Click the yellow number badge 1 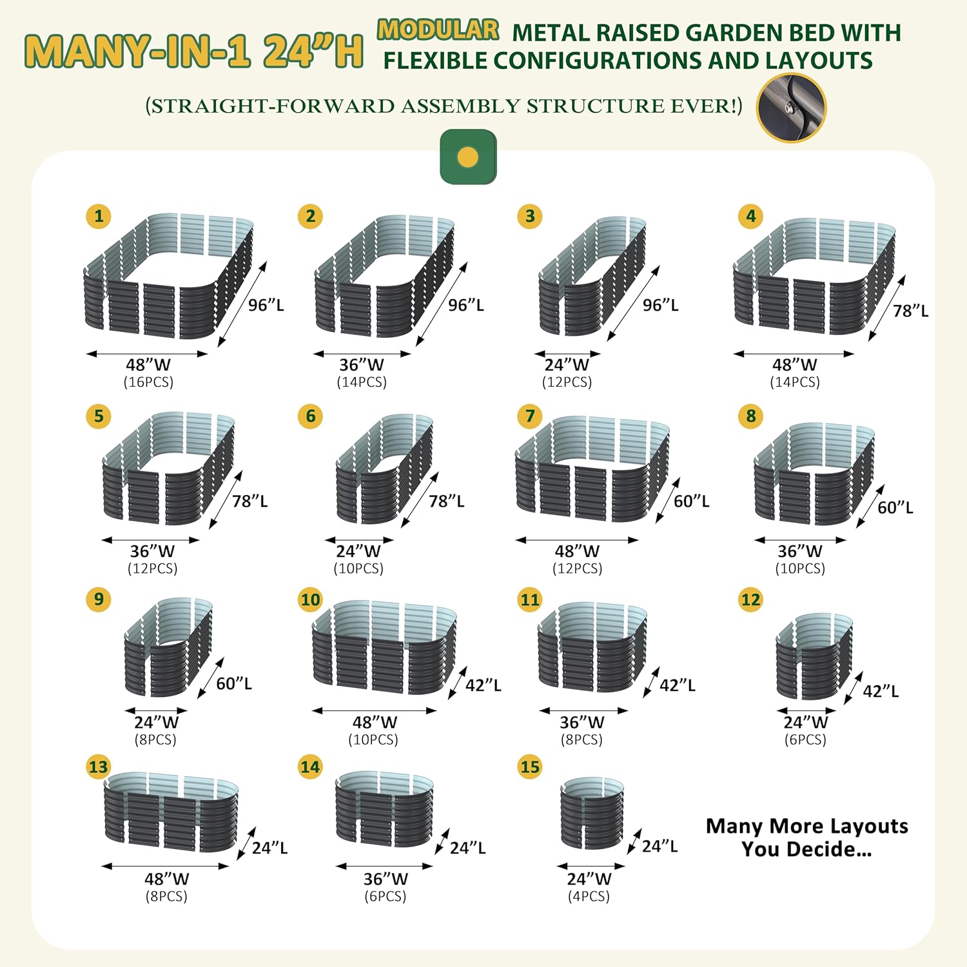(99, 215)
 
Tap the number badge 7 (530, 416)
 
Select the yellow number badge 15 (530, 767)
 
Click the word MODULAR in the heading (438, 30)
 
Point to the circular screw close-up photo (791, 108)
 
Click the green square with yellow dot (468, 157)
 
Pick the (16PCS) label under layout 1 (148, 382)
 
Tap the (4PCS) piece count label (589, 896)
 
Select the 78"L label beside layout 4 (910, 311)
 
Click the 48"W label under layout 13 (167, 879)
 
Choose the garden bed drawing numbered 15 (592, 813)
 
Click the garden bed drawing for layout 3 (592, 276)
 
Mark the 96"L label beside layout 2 (466, 305)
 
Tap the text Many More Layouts (807, 826)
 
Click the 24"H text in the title (313, 50)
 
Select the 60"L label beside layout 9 (234, 683)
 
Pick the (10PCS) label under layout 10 (373, 739)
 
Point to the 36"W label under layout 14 (386, 879)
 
